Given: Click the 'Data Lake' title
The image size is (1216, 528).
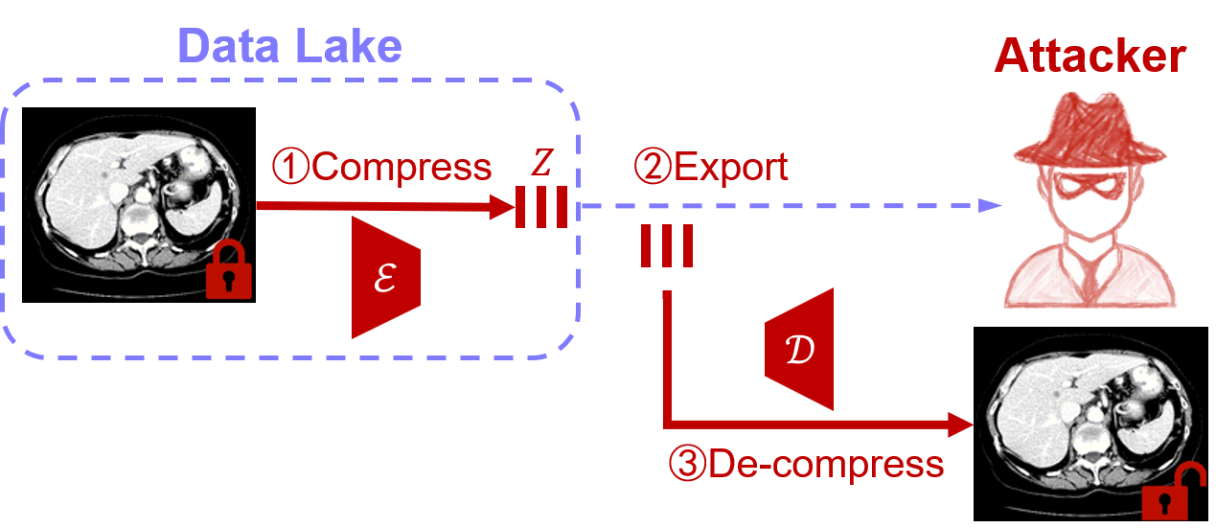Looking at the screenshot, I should tap(288, 45).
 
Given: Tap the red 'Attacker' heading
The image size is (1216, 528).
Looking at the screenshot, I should tap(1090, 57).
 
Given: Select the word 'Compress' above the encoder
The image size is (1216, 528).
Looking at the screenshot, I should tap(402, 168).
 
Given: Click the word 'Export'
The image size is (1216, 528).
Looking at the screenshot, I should tap(731, 168).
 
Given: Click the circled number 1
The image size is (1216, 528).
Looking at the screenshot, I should tap(290, 169).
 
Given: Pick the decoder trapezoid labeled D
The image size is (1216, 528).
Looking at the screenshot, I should tap(800, 348).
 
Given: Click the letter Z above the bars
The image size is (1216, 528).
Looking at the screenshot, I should tap(541, 166).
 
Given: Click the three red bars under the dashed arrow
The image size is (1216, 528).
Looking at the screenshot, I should tap(667, 246).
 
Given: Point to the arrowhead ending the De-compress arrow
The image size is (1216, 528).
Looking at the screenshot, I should tap(962, 423).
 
